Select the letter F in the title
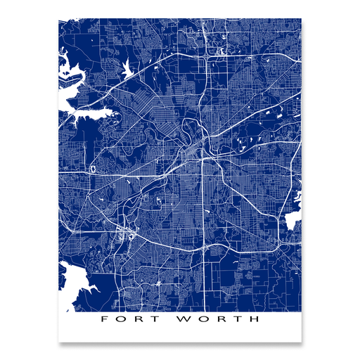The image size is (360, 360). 105,319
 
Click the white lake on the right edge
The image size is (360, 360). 292,221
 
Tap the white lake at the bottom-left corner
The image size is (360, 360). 70,281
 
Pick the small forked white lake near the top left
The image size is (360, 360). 127,70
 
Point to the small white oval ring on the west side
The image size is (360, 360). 93,169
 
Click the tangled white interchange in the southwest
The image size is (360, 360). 125,236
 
